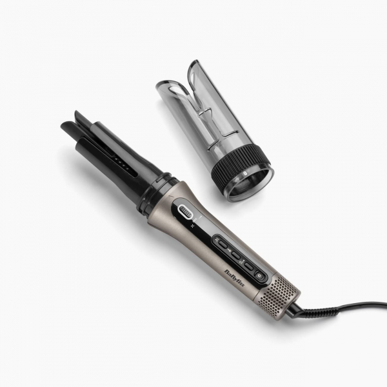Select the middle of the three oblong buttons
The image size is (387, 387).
(x=235, y=255)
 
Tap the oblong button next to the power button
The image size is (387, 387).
(x=248, y=265)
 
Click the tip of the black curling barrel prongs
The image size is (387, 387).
(x=70, y=126)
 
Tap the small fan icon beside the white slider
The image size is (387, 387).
(x=193, y=226)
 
